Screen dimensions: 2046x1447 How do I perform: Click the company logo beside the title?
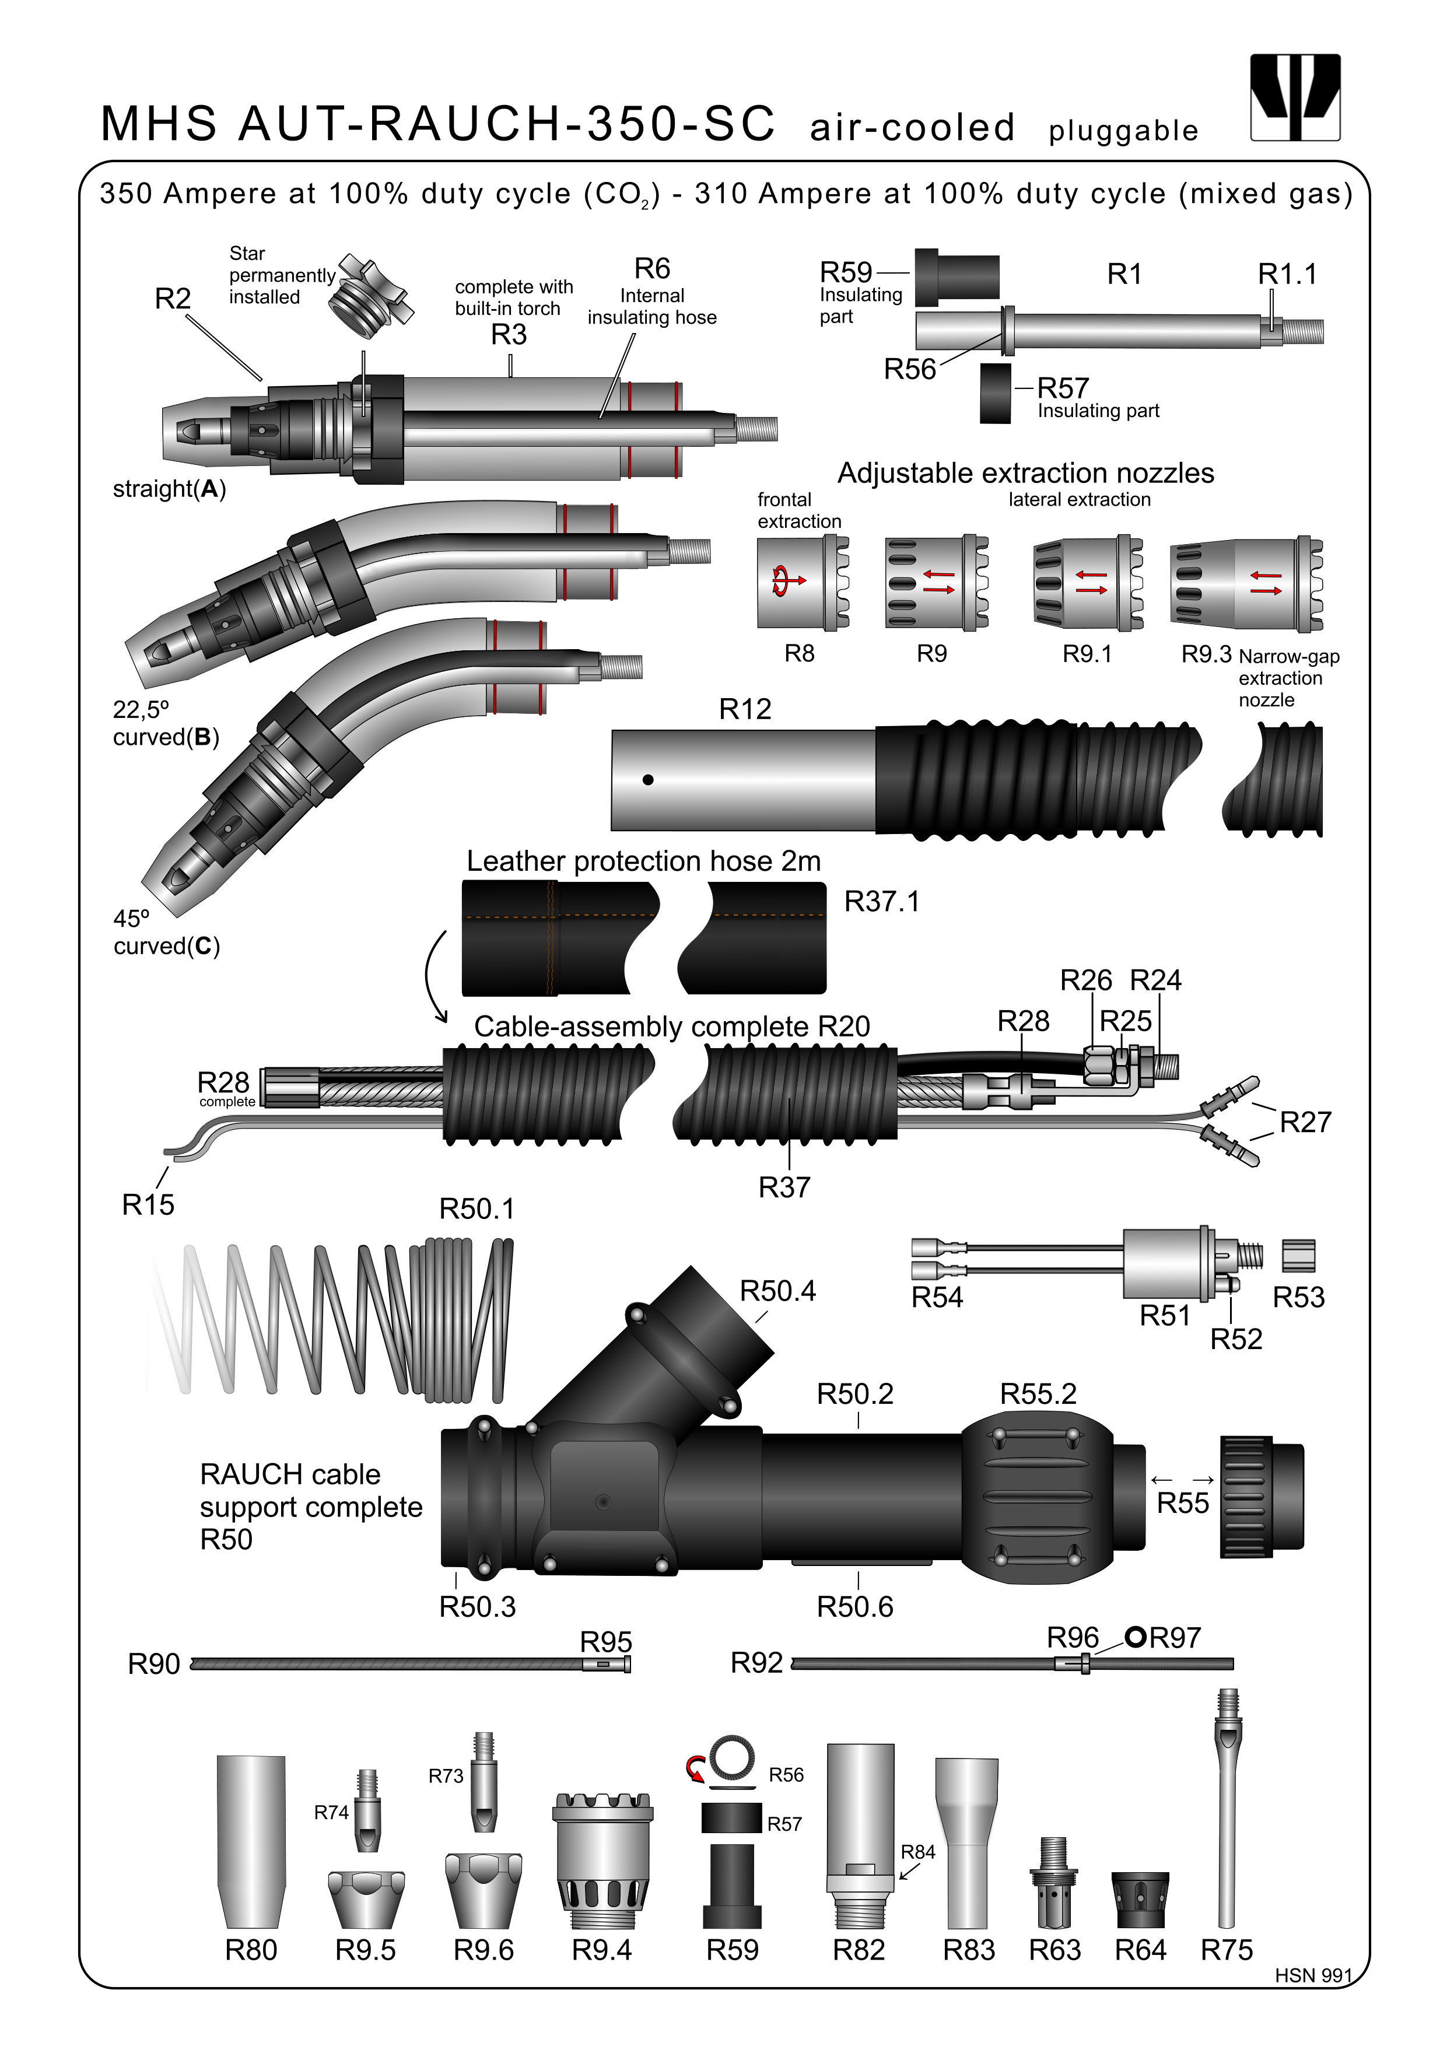pyautogui.click(x=1295, y=97)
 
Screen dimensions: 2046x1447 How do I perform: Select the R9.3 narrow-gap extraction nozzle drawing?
pyautogui.click(x=1246, y=584)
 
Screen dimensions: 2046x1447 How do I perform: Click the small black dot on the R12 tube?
pyautogui.click(x=648, y=780)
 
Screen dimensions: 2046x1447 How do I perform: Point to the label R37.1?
pyautogui.click(x=881, y=902)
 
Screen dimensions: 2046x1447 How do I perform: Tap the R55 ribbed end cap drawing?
pyautogui.click(x=1260, y=1497)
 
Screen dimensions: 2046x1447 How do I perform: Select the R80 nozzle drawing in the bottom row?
pyautogui.click(x=251, y=1840)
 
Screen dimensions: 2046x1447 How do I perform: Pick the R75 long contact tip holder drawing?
pyautogui.click(x=1227, y=1809)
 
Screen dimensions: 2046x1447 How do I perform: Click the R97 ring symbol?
pyautogui.click(x=1135, y=1637)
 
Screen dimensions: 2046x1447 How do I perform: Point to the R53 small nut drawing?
pyautogui.click(x=1298, y=1256)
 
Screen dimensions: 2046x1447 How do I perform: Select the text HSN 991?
pyautogui.click(x=1312, y=1975)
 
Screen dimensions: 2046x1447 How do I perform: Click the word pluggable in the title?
pyautogui.click(x=1123, y=131)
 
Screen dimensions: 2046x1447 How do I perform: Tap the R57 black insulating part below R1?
pyautogui.click(x=995, y=393)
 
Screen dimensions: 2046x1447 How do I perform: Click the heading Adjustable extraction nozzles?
pyautogui.click(x=1025, y=473)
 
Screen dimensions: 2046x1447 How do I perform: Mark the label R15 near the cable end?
pyautogui.click(x=148, y=1205)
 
